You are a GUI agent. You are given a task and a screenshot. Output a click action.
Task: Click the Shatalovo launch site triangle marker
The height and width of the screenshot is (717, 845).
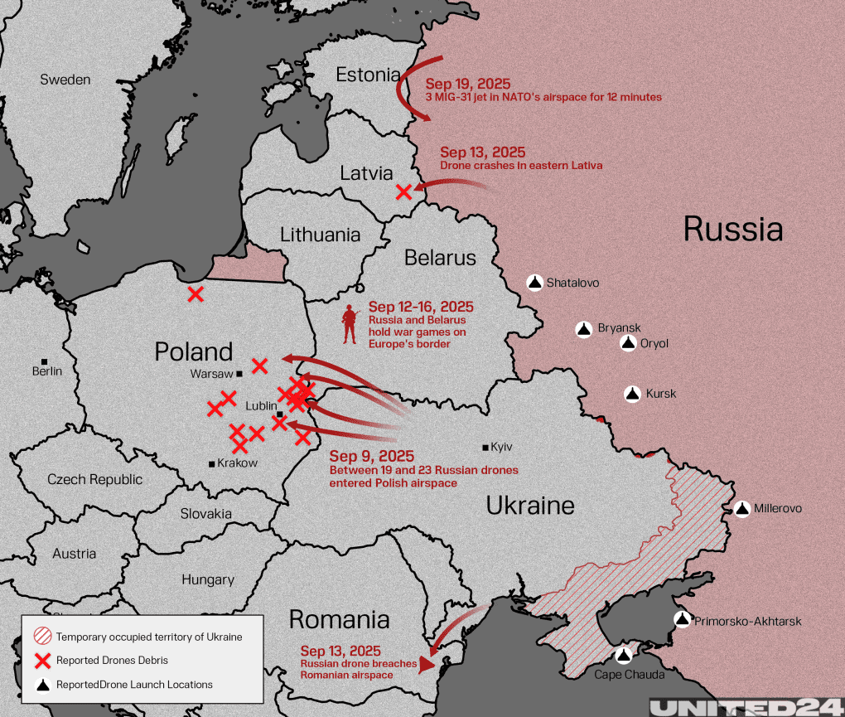point(535,283)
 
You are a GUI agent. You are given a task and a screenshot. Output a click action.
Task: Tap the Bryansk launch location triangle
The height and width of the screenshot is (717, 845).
point(585,329)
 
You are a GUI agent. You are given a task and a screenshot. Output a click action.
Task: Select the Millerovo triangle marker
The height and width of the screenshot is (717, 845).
point(741,508)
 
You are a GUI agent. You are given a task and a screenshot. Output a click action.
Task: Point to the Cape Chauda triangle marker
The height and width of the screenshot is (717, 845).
point(624,656)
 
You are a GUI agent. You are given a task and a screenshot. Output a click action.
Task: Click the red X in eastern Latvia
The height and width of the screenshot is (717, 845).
point(403,191)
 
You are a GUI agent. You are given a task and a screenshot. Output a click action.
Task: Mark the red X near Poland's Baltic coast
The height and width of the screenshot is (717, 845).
point(196,293)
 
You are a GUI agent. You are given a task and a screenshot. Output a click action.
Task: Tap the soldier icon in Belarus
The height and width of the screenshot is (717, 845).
point(350,324)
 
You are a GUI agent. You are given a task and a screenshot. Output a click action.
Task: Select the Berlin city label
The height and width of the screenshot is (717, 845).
point(47,371)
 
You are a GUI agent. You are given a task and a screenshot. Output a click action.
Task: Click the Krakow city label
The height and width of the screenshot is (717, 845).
point(237,463)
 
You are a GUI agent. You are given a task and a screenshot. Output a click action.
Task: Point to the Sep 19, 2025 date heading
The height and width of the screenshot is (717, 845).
point(468,84)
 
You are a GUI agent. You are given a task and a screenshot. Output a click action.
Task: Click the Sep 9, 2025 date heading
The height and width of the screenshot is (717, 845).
point(371,456)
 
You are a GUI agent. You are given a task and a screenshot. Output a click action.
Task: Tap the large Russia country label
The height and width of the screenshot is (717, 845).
point(732,229)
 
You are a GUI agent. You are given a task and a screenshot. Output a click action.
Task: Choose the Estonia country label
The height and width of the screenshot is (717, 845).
point(368,75)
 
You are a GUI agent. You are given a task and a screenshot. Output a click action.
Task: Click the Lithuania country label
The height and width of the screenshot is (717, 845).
point(320,235)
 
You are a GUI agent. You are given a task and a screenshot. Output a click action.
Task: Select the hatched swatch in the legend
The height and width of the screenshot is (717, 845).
point(42,637)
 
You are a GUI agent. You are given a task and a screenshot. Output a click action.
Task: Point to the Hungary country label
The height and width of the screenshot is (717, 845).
point(208,579)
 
